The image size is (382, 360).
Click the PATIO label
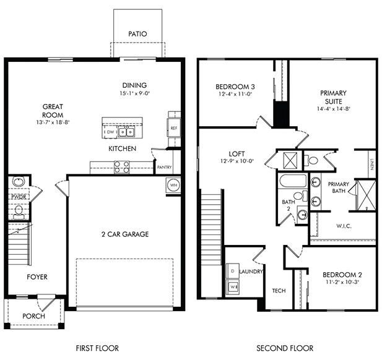[x=137, y=34]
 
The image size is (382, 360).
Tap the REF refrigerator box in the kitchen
[x=174, y=127]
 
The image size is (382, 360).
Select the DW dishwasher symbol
[x=110, y=132]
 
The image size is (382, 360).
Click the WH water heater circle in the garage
[x=173, y=185]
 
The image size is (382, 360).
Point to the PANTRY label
[x=164, y=167]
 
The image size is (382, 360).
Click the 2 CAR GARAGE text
[x=124, y=234]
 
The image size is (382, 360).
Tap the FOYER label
[x=37, y=276]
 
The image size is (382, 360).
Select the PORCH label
[x=33, y=316]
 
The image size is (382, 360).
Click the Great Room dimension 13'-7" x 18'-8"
[x=52, y=122]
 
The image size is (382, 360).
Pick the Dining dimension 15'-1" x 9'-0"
[x=134, y=93]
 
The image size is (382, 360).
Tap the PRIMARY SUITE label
[x=333, y=97]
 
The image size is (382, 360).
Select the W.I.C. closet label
[x=344, y=226]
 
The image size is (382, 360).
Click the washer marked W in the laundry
[x=233, y=286]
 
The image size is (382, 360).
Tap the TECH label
[x=279, y=291]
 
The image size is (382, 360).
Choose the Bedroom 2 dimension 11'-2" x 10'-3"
[x=341, y=281]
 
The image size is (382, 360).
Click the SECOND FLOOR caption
[x=285, y=348]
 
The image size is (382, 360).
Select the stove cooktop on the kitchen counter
[x=121, y=166]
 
